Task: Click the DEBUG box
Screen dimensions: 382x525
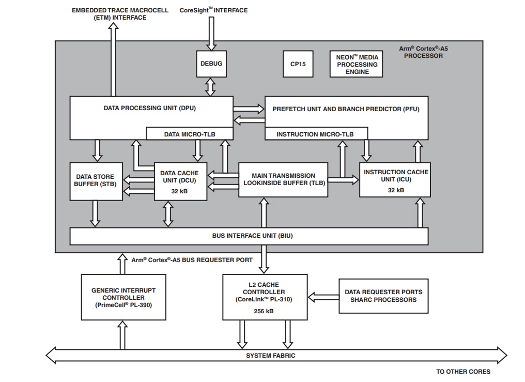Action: tap(211, 64)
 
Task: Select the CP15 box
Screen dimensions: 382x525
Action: tap(298, 64)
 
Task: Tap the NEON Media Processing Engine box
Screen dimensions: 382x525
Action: tap(357, 64)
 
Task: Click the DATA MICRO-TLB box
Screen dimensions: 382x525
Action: tap(189, 134)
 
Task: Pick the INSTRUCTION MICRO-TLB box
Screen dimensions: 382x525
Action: tap(315, 134)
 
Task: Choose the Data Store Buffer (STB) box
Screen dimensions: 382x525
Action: tap(96, 181)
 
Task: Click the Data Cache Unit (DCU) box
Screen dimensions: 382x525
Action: tap(180, 181)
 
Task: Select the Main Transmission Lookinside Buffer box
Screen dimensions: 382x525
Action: tap(283, 179)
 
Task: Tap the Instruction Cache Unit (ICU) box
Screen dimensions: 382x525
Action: tap(395, 179)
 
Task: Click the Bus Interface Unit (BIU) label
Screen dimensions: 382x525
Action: tap(249, 236)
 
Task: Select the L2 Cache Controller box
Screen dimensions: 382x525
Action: tap(265, 296)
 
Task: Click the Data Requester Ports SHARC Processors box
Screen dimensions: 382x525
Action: tap(383, 296)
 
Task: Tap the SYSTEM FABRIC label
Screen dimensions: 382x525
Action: tap(270, 356)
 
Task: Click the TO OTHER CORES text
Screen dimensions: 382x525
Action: tap(463, 372)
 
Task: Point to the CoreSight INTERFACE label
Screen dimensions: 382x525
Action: tap(213, 10)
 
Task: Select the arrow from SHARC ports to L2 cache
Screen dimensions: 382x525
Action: tap(323, 297)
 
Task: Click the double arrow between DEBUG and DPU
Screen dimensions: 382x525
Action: tap(210, 86)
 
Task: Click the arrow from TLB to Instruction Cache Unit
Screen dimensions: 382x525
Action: tap(343, 180)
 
